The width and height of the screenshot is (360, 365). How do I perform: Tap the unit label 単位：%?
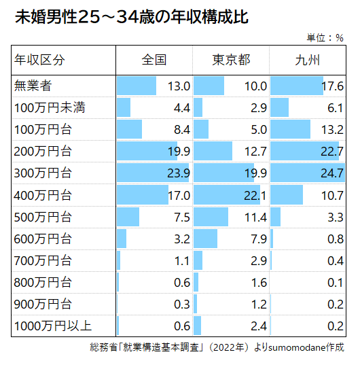pyautogui.click(x=325, y=38)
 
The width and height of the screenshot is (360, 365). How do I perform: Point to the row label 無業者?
pyautogui.click(x=33, y=86)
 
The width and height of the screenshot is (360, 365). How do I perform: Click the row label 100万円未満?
pyautogui.click(x=49, y=107)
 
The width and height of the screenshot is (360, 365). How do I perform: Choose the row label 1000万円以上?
pyautogui.click(x=53, y=326)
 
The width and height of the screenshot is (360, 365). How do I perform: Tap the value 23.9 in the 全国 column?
pyautogui.click(x=177, y=173)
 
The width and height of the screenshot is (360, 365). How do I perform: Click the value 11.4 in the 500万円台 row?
pyautogui.click(x=255, y=217)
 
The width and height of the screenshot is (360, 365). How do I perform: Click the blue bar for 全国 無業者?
pyautogui.click(x=137, y=86)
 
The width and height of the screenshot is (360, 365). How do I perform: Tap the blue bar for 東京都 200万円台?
pyautogui.click(x=213, y=151)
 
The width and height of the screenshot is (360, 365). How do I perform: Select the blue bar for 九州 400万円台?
pyautogui.click(x=287, y=195)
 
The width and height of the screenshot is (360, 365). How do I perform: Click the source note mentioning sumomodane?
pyautogui.click(x=217, y=347)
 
